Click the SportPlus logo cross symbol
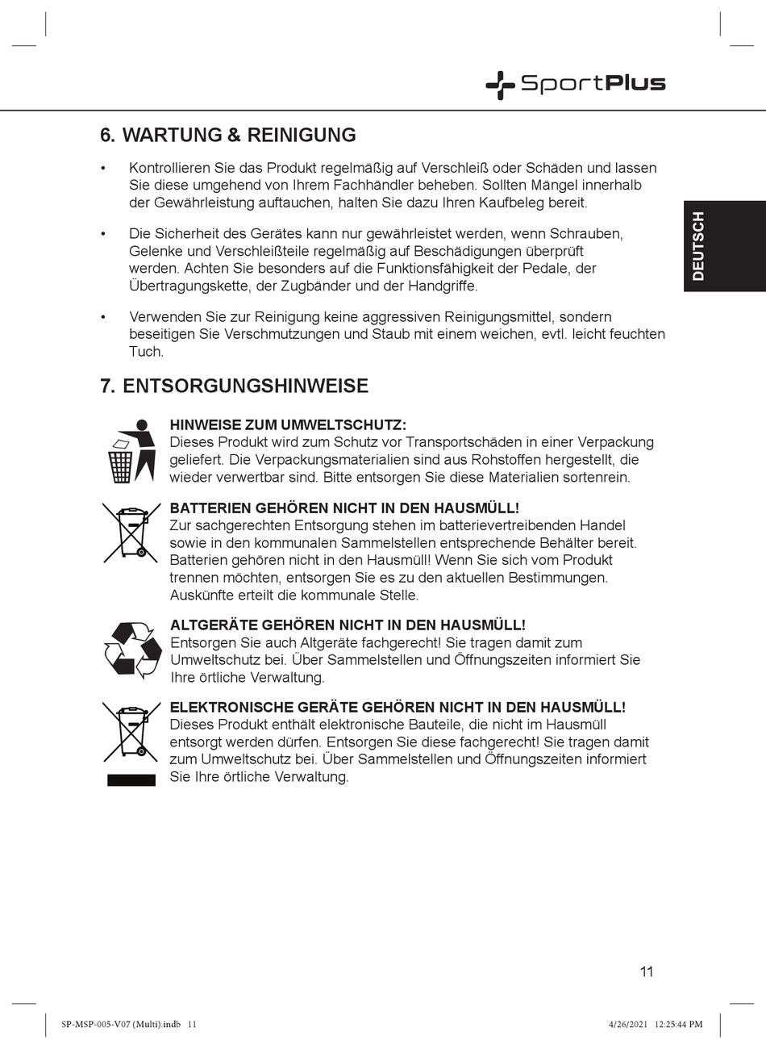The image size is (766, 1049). click(x=500, y=84)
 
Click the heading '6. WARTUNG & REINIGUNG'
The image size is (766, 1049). click(x=227, y=135)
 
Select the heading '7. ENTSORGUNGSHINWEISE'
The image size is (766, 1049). click(x=234, y=386)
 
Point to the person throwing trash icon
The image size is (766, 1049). click(x=131, y=451)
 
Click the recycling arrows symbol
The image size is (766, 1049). click(x=133, y=650)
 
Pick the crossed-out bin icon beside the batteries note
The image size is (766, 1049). click(x=131, y=532)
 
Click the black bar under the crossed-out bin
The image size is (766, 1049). click(x=131, y=779)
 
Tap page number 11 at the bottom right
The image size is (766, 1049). click(x=647, y=972)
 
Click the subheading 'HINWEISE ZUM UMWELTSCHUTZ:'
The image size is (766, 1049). click(x=288, y=425)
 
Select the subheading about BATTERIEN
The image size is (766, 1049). click(x=344, y=508)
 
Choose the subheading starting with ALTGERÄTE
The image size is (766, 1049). click(x=348, y=625)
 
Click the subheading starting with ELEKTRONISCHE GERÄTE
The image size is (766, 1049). click(x=398, y=707)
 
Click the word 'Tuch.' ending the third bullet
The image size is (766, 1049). click(x=146, y=352)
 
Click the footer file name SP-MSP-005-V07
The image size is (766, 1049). click(x=110, y=1025)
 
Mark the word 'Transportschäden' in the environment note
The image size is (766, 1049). click(x=456, y=442)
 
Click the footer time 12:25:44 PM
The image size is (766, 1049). click(x=678, y=1025)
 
